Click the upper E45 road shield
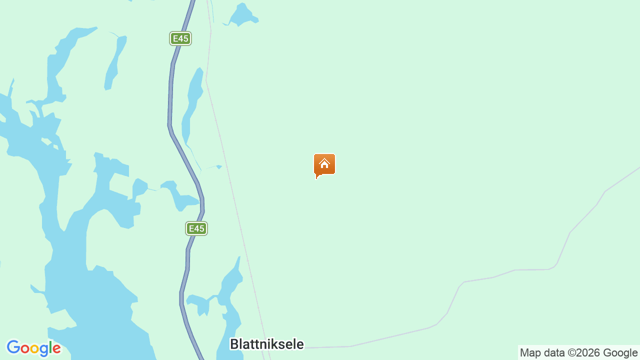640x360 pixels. (x=180, y=38)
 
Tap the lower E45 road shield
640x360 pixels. (x=196, y=228)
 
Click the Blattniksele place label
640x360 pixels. (x=266, y=344)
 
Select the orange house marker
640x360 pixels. (x=324, y=165)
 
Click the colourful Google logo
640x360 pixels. (x=33, y=348)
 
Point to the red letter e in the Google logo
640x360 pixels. (x=56, y=349)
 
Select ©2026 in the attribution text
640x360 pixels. (x=584, y=353)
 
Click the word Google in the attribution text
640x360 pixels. (x=621, y=353)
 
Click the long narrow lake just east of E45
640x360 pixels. (x=193, y=100)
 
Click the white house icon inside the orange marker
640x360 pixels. (x=324, y=163)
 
